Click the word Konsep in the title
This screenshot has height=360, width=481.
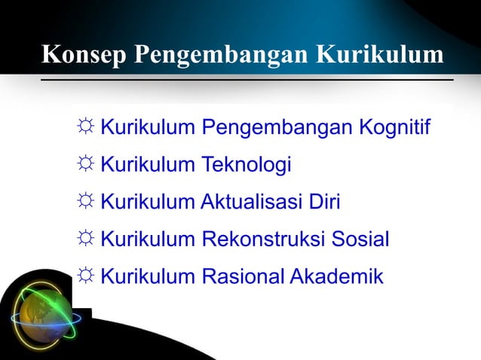[85, 56]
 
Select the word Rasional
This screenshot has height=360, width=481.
[240, 276]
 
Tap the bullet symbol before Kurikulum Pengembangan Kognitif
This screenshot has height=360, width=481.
[84, 128]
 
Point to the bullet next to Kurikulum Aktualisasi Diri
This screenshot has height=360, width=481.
[84, 202]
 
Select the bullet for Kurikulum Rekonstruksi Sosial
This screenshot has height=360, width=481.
[84, 239]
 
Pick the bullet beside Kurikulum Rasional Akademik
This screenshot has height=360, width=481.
[84, 276]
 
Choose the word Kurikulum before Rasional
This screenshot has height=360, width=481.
[148, 276]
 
